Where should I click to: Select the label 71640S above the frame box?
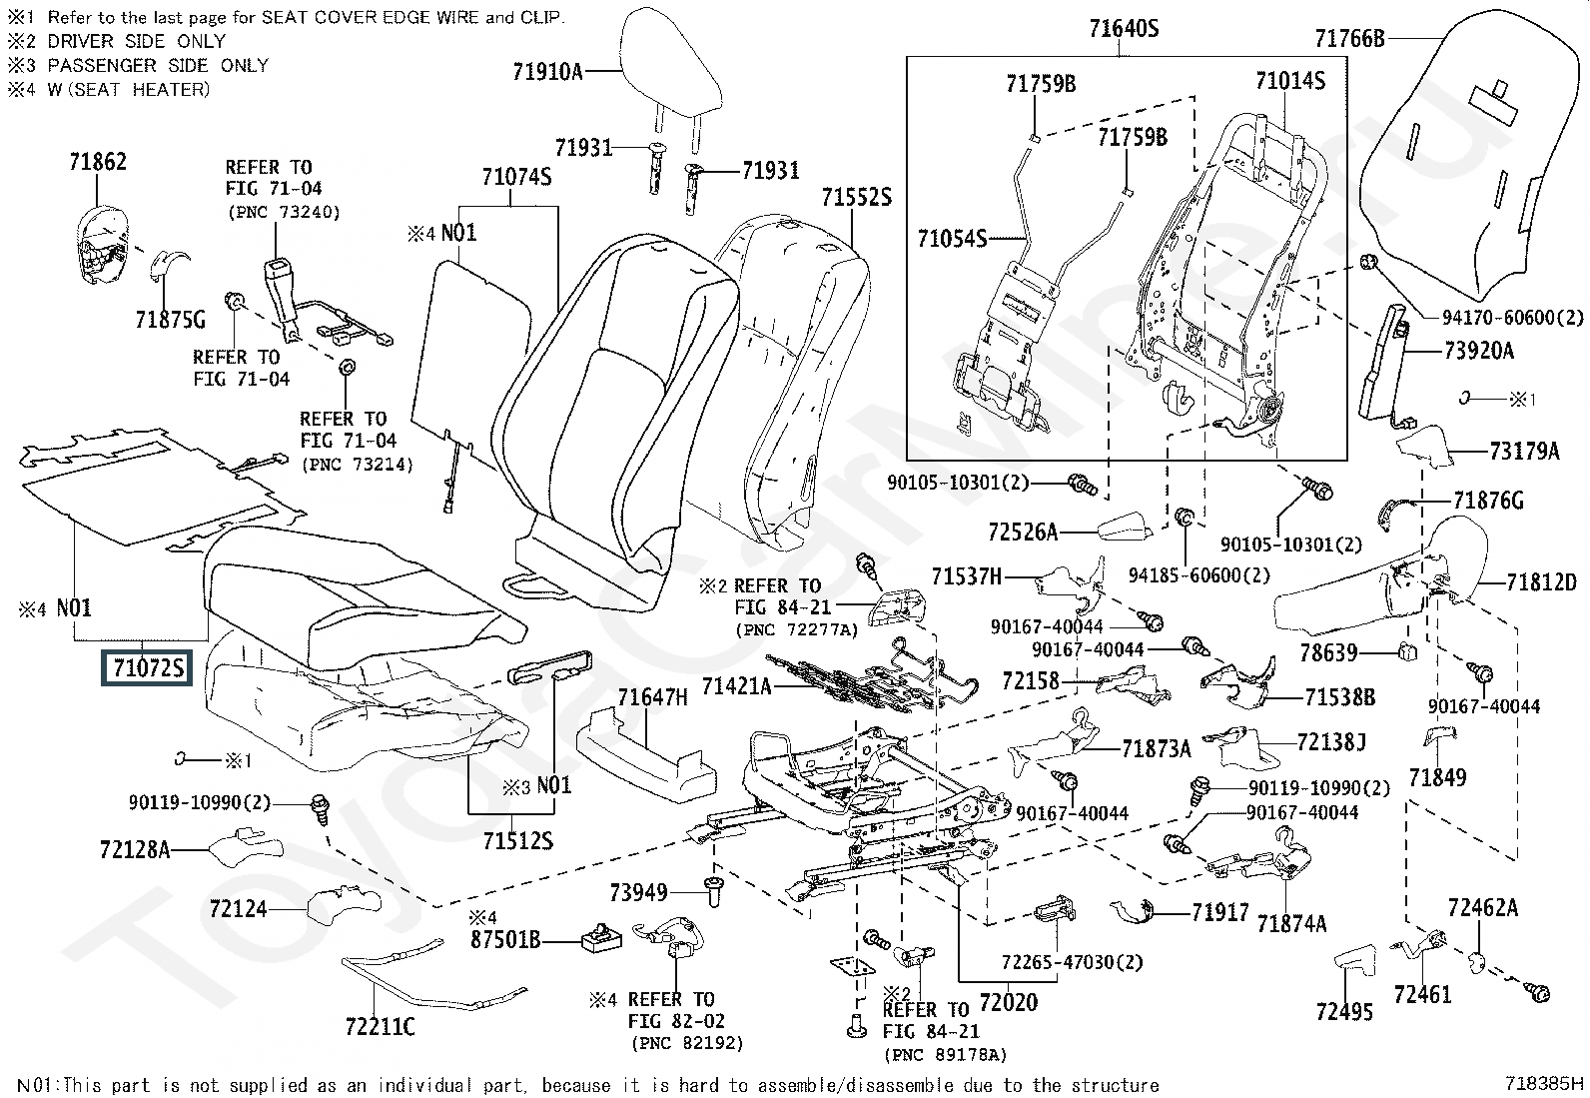[x=1124, y=29]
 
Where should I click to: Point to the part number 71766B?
[x=1349, y=39]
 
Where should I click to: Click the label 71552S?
[x=856, y=198]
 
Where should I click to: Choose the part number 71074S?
[x=516, y=178]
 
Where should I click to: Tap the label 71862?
[x=98, y=162]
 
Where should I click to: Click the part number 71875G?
[x=170, y=320]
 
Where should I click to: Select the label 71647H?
[x=652, y=697]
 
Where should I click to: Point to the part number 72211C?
[x=380, y=1026]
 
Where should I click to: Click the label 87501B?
[x=505, y=940]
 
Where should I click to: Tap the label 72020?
[x=1008, y=1002]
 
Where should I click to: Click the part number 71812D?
[x=1541, y=581]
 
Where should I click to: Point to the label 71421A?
[x=736, y=686]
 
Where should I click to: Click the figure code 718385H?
[x=1544, y=1083]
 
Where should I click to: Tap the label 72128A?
[x=135, y=850]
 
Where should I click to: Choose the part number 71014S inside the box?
[x=1289, y=82]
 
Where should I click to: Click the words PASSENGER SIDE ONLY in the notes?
[x=158, y=65]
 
